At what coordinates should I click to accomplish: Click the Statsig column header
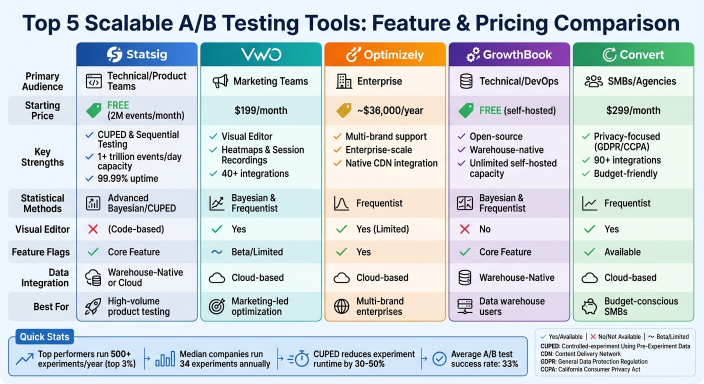137,54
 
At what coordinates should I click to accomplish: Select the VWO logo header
261,54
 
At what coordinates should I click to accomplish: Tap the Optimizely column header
385,54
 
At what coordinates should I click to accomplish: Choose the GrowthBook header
509,54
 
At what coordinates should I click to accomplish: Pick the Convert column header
633,54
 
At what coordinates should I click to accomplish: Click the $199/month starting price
261,110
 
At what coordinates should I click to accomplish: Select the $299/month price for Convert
633,110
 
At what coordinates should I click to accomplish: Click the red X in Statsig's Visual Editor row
92,229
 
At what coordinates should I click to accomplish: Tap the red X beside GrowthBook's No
464,229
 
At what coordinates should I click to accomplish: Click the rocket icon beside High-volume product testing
93,306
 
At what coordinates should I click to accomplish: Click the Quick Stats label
44,336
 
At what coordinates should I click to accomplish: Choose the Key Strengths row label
42,157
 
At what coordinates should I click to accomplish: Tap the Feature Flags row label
41,252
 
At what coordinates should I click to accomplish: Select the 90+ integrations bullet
627,160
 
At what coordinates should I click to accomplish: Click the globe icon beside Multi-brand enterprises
341,306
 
